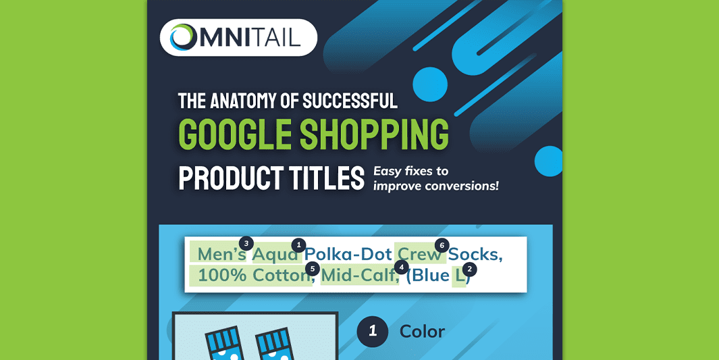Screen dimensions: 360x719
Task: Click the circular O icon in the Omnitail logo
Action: click(x=183, y=37)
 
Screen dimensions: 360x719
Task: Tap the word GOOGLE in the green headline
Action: click(x=236, y=134)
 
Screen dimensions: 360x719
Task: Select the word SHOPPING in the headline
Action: click(x=374, y=134)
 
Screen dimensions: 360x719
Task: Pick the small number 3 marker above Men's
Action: click(x=246, y=243)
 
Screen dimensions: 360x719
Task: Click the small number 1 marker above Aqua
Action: click(x=299, y=245)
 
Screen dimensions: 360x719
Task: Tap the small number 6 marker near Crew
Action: click(x=442, y=245)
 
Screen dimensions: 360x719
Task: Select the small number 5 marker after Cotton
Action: click(x=313, y=269)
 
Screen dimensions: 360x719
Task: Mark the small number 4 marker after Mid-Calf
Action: click(x=402, y=267)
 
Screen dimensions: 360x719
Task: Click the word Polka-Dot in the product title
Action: click(x=348, y=255)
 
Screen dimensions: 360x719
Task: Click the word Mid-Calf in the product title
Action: click(x=358, y=276)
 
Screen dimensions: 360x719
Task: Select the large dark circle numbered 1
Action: click(x=372, y=332)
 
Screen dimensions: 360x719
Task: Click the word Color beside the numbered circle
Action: click(x=422, y=332)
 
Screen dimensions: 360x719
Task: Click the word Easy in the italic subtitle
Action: click(x=388, y=172)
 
